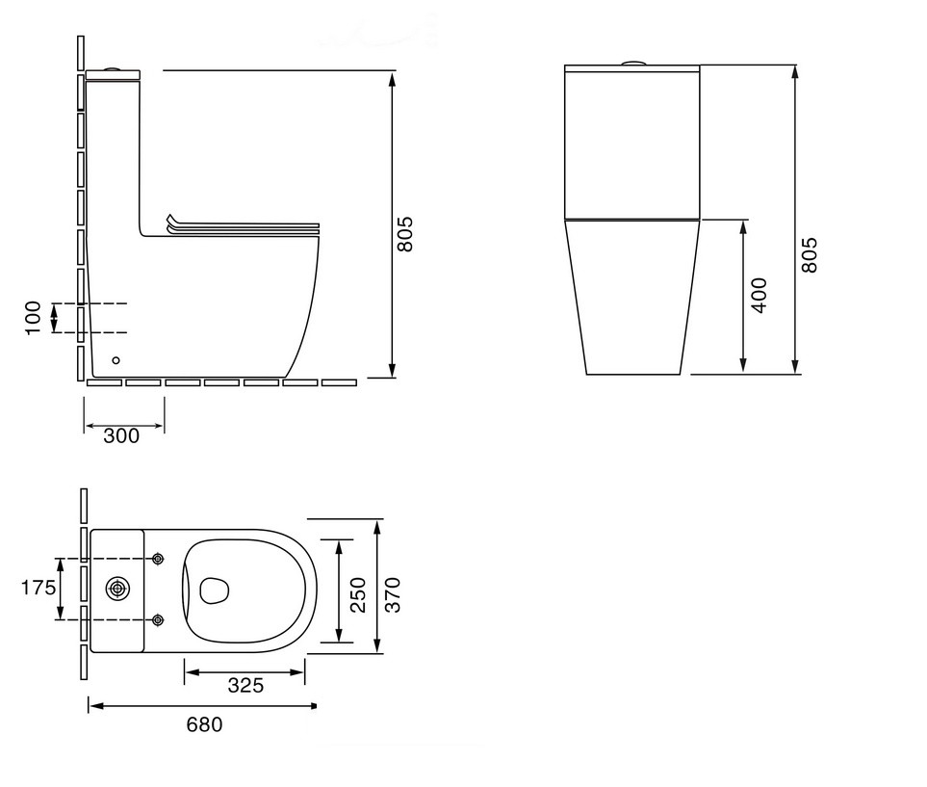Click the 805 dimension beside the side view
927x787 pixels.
coord(405,234)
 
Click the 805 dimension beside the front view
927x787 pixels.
coord(810,255)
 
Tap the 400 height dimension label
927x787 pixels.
coord(759,296)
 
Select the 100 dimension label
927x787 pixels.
coord(33,318)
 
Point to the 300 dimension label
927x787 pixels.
coord(121,436)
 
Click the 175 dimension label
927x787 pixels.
coord(39,588)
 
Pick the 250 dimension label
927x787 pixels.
coord(358,594)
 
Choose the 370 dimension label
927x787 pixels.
coord(393,594)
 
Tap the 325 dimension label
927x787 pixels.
coord(245,686)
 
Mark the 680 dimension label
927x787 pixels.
coord(204,724)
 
